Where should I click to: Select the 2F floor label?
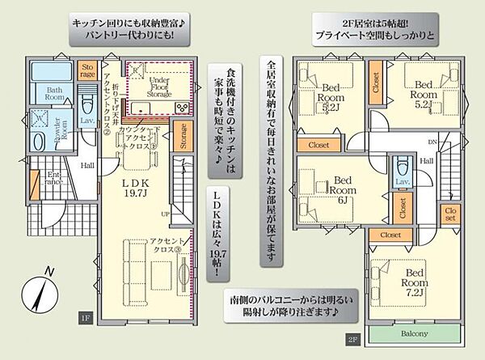click(x=352, y=340)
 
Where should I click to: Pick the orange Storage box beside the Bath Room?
click(x=87, y=70)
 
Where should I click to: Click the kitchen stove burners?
click(x=183, y=108)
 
